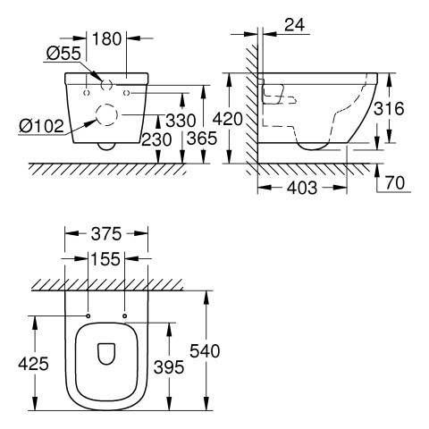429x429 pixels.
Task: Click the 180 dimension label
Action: [x=107, y=39]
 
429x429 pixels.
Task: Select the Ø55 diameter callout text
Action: [x=63, y=54]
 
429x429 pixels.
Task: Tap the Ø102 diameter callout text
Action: [x=42, y=126]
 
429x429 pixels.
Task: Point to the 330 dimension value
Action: [x=181, y=121]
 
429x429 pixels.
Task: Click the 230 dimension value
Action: [x=156, y=139]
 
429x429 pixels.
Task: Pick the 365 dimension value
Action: [x=202, y=139]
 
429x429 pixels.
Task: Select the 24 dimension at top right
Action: [x=295, y=25]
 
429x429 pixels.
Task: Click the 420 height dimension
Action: [x=228, y=120]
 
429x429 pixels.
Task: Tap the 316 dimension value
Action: [x=389, y=108]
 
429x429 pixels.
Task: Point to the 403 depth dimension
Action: [x=302, y=188]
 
